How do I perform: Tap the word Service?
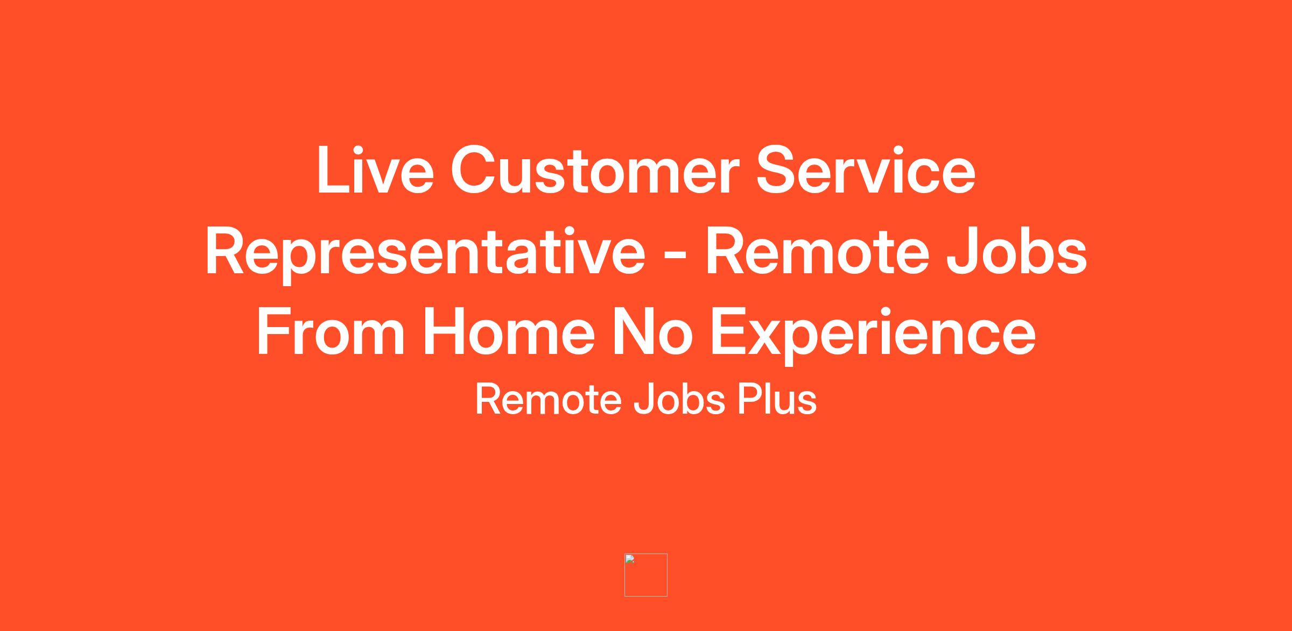866,169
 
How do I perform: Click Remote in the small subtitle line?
549,400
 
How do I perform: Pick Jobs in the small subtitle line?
679,400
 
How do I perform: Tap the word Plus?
777,400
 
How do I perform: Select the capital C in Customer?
474,169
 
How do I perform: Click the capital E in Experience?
730,332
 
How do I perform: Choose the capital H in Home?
445,332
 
